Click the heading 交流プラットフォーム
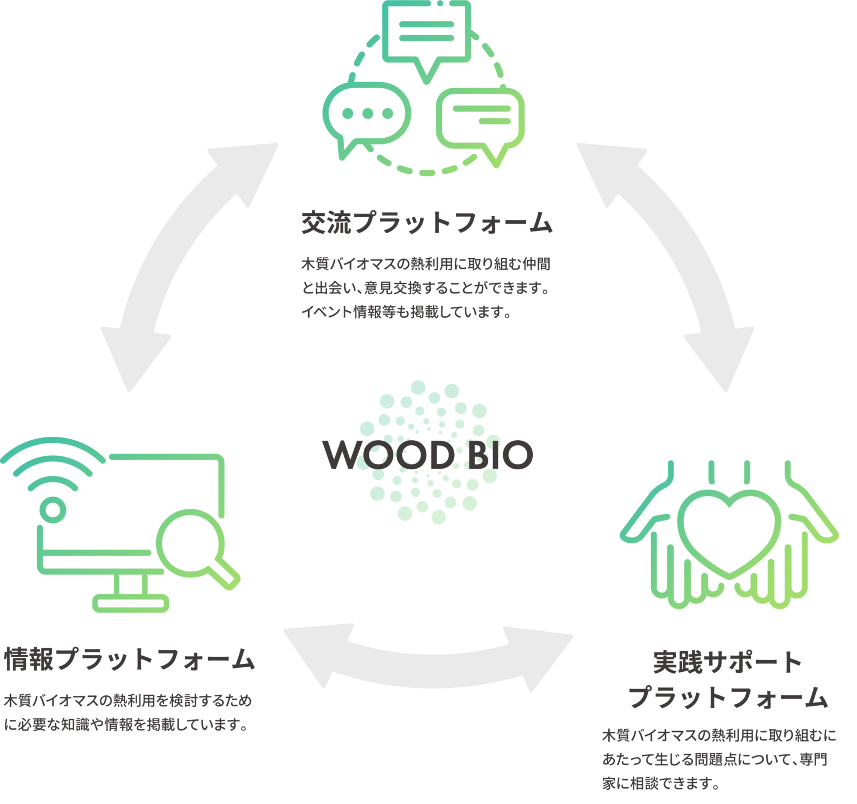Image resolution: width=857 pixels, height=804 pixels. (427, 223)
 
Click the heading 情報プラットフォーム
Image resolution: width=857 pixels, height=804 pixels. (129, 659)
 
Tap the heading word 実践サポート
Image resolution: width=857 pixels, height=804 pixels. (728, 662)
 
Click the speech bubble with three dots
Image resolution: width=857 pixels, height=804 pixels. (367, 114)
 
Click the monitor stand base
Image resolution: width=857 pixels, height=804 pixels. (131, 603)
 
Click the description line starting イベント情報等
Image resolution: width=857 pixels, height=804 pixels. (407, 311)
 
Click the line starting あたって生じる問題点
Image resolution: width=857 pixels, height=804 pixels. (714, 759)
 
